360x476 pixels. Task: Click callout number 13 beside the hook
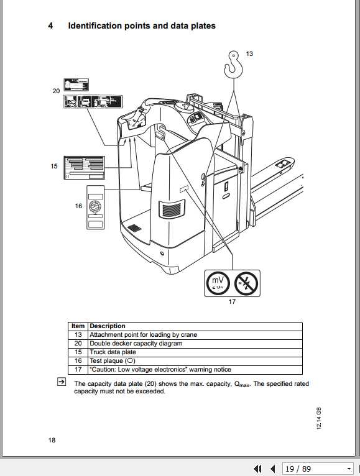(249, 54)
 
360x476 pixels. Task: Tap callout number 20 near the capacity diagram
(57, 91)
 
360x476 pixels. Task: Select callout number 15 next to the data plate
(54, 166)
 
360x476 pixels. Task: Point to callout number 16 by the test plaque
(78, 206)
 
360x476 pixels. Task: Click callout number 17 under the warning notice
(232, 302)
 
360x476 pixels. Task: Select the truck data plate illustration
(85, 168)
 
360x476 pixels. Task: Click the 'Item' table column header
(78, 326)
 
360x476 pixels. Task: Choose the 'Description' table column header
(108, 326)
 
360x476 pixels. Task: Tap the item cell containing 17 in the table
(78, 370)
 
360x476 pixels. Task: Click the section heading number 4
(50, 26)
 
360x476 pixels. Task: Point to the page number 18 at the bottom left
(52, 440)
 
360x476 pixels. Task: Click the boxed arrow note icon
(61, 382)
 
